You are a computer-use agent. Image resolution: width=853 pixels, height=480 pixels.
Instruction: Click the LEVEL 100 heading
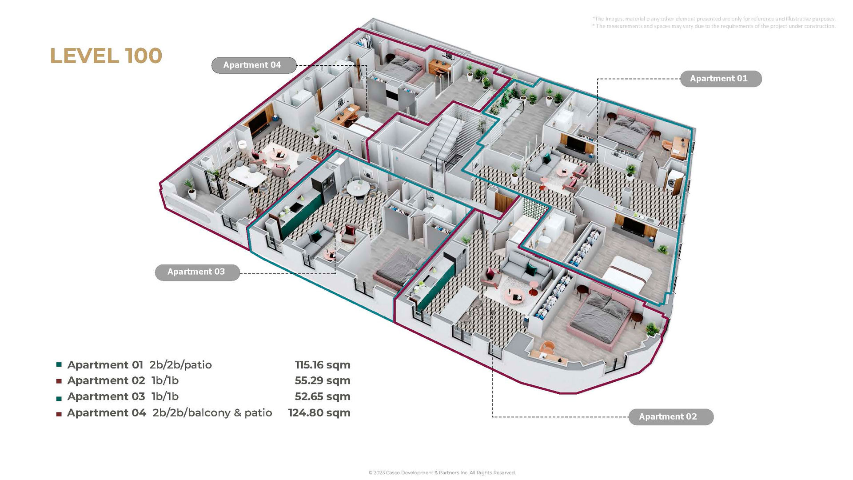click(x=106, y=56)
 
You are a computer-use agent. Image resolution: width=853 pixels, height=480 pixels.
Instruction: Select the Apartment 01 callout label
click(x=721, y=79)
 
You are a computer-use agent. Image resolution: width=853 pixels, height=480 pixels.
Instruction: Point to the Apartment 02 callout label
click(x=671, y=417)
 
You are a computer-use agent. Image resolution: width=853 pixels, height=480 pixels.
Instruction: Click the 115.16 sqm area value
click(x=323, y=365)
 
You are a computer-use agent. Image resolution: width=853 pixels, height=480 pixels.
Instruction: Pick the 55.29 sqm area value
click(x=323, y=380)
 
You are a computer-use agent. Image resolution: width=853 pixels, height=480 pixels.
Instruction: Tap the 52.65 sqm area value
click(x=323, y=396)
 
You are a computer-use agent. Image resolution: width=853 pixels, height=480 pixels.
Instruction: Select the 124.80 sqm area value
click(x=319, y=413)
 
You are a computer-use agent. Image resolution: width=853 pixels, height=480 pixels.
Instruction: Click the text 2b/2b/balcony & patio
click(x=212, y=413)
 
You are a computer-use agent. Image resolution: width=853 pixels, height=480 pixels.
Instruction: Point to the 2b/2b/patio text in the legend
click(x=180, y=365)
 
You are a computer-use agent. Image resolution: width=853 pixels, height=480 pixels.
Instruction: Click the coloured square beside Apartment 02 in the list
click(x=59, y=381)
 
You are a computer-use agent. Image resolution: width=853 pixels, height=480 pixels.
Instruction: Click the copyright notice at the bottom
click(x=442, y=473)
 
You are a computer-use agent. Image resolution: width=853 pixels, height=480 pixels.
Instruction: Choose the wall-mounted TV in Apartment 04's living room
click(x=259, y=121)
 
